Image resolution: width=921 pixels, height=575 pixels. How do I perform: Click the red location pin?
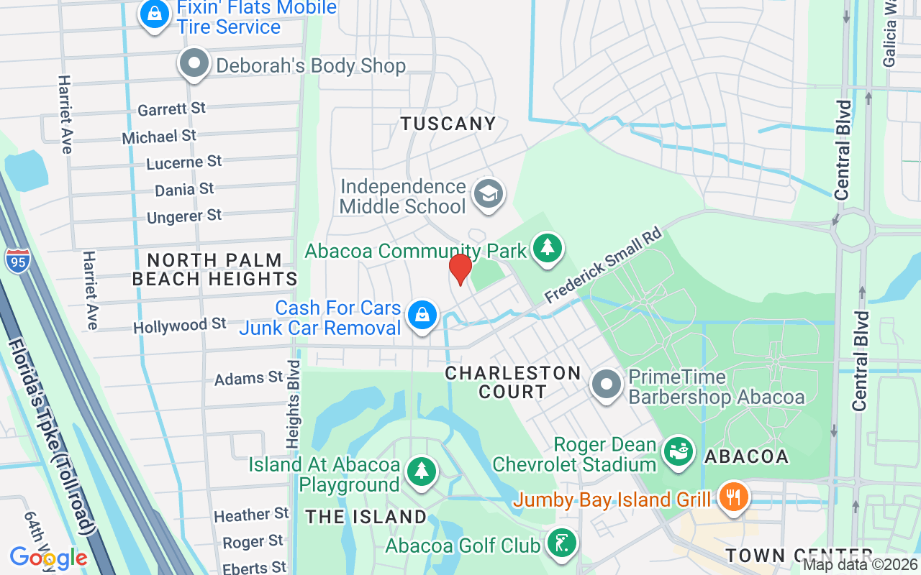click(x=460, y=270)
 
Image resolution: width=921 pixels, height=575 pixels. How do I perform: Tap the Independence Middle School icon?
click(x=489, y=193)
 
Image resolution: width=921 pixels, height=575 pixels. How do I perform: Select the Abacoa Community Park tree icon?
click(x=548, y=248)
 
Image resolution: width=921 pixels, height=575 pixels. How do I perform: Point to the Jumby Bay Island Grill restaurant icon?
click(x=732, y=497)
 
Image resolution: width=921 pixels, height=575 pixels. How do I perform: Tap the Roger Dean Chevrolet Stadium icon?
click(x=677, y=453)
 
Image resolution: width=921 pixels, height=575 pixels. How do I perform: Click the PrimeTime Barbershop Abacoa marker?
click(x=607, y=384)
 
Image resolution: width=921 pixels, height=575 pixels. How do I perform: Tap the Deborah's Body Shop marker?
click(x=194, y=64)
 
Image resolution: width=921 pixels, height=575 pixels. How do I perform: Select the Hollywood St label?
click(x=180, y=326)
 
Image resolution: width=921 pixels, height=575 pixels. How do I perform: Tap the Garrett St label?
click(x=171, y=109)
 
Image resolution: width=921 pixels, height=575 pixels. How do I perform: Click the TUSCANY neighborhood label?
click(x=448, y=124)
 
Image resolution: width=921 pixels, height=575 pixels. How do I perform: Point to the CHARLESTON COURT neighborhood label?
click(x=512, y=382)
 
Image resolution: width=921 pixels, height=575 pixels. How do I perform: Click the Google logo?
click(x=48, y=557)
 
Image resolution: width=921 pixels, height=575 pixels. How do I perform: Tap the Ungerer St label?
click(x=184, y=216)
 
